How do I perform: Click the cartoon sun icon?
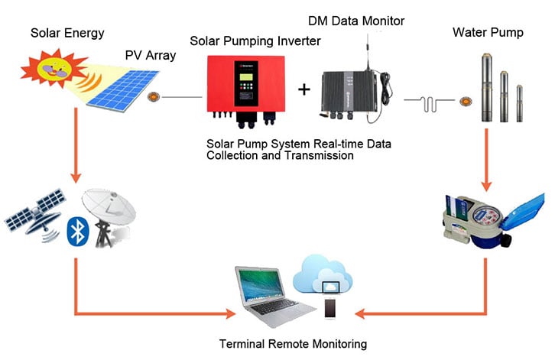pyautogui.click(x=54, y=69)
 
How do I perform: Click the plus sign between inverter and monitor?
pyautogui.click(x=304, y=89)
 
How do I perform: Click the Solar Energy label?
pyautogui.click(x=67, y=33)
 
